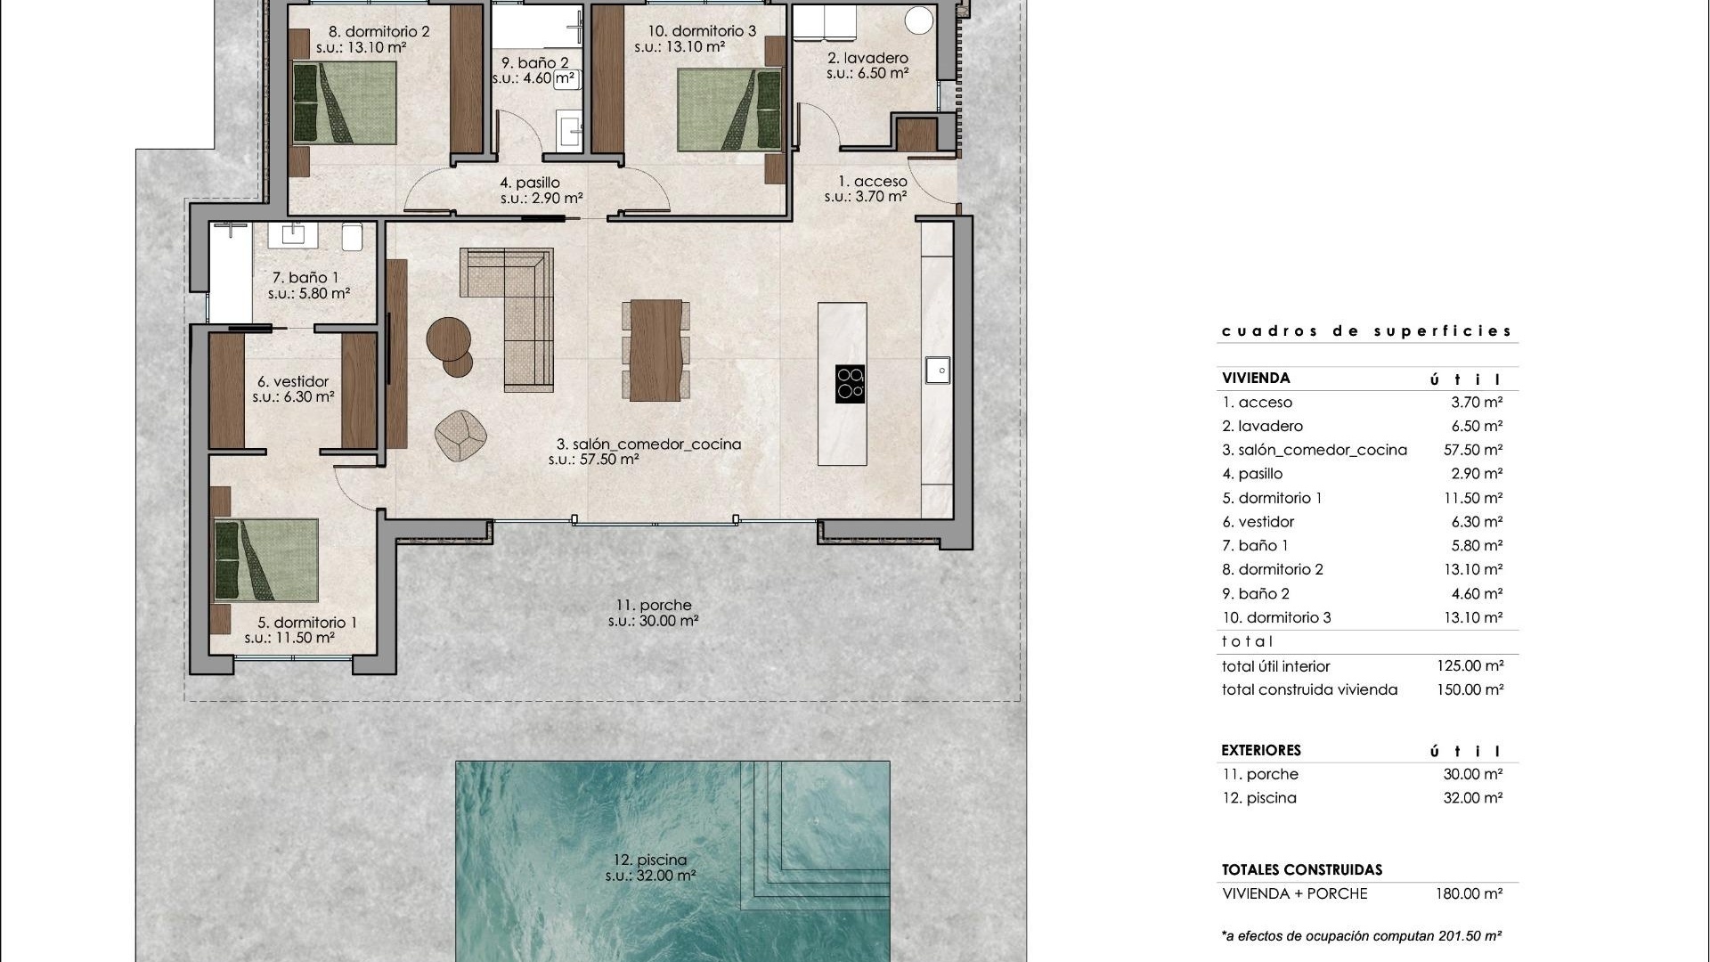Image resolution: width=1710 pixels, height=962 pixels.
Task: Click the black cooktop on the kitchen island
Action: pyautogui.click(x=850, y=384)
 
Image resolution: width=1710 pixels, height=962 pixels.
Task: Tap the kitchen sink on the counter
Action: pyautogui.click(x=937, y=369)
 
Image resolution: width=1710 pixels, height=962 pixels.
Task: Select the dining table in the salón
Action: pyautogui.click(x=655, y=350)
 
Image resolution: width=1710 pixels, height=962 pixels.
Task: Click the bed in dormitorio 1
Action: pyautogui.click(x=265, y=560)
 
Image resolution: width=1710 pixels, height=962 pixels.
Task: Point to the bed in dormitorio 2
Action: pyautogui.click(x=344, y=102)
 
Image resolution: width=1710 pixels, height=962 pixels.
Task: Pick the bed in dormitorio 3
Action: pyautogui.click(x=729, y=110)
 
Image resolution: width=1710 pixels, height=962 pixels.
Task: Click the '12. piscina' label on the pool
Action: pyautogui.click(x=650, y=860)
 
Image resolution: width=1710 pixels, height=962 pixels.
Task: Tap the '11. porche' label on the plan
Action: pyautogui.click(x=653, y=606)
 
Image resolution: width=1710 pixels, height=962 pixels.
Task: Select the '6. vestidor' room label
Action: pyautogui.click(x=293, y=382)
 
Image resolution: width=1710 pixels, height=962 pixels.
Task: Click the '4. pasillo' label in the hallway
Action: pyautogui.click(x=536, y=183)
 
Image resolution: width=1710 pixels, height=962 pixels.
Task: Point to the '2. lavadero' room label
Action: pyautogui.click(x=867, y=59)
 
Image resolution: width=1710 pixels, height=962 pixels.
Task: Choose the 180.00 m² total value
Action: pyautogui.click(x=1469, y=894)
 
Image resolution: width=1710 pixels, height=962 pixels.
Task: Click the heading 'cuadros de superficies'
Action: pyautogui.click(x=1366, y=331)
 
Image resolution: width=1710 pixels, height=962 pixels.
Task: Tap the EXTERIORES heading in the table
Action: pyautogui.click(x=1261, y=751)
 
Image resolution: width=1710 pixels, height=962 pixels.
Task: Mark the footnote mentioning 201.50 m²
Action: pyautogui.click(x=1362, y=936)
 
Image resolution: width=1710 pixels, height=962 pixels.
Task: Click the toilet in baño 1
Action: pyautogui.click(x=353, y=237)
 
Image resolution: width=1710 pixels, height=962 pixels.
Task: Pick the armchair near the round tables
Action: pyautogui.click(x=460, y=436)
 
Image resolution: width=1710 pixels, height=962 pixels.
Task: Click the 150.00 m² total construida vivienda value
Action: pyautogui.click(x=1470, y=690)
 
